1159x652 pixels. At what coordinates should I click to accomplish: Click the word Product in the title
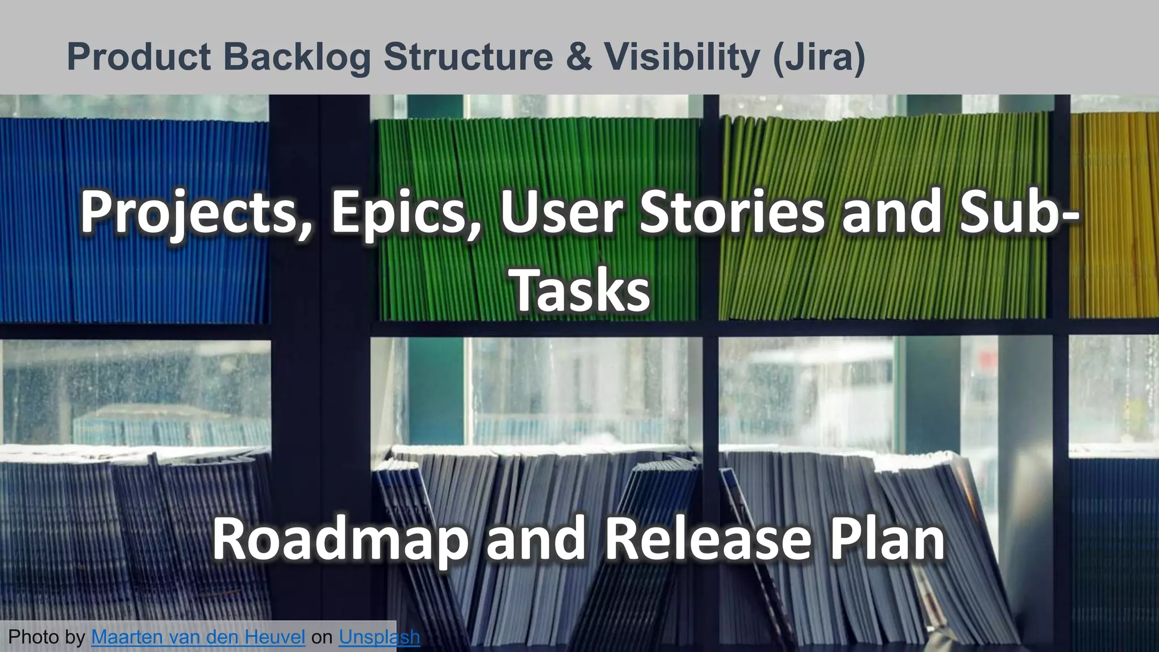pyautogui.click(x=139, y=57)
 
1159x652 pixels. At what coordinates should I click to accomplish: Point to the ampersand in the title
pyautogui.click(x=578, y=57)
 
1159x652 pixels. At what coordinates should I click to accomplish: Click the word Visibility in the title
pyautogui.click(x=681, y=57)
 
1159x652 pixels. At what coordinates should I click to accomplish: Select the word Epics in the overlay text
pyautogui.click(x=405, y=213)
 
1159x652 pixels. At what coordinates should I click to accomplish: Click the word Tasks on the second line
pyautogui.click(x=581, y=290)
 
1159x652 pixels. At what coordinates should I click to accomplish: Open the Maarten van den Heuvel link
pyautogui.click(x=198, y=637)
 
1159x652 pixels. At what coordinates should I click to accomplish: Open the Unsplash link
pyautogui.click(x=379, y=637)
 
